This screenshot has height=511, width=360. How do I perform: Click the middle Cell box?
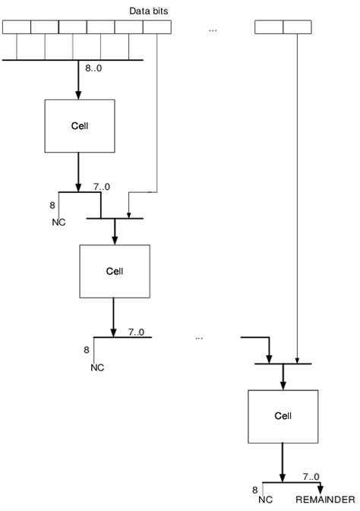pos(114,271)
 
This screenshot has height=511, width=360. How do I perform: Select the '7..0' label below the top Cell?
pos(101,185)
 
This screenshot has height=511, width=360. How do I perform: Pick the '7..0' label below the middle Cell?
pos(137,332)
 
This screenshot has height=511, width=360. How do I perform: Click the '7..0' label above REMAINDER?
pos(311,476)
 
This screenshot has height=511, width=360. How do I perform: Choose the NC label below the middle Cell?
pos(97,367)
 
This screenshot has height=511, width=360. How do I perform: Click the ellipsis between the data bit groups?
pos(213,29)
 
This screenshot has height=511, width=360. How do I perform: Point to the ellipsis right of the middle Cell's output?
pos(199,336)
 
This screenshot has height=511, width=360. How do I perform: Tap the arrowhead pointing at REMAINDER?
pos(321,488)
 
